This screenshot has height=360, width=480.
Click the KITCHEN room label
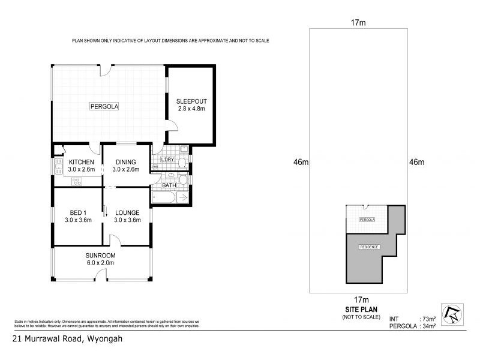[x=80, y=162]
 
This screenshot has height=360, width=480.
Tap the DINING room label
[x=126, y=162]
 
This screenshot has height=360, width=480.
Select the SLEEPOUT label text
[x=191, y=101]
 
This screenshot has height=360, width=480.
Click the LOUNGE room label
[x=127, y=212]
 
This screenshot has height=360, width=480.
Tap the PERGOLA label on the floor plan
[x=104, y=107]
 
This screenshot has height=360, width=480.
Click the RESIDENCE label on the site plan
[x=368, y=247]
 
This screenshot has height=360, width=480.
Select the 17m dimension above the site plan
[x=358, y=23]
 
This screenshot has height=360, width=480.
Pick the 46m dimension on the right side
[x=416, y=162]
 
